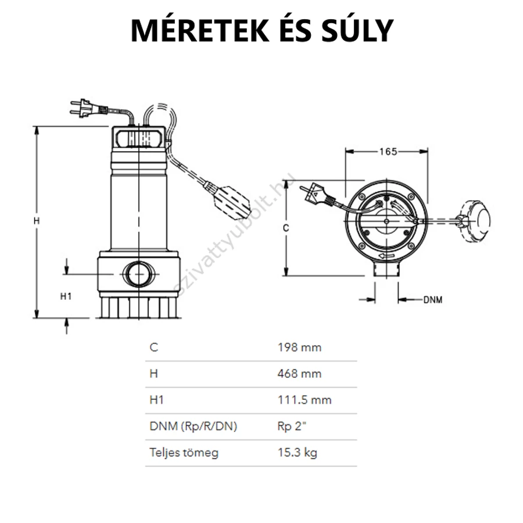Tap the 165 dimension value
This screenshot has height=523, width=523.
pos(388,152)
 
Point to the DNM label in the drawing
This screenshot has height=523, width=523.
pos(432,300)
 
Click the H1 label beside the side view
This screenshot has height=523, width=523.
pos(66,296)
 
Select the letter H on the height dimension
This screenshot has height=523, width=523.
pos(37,221)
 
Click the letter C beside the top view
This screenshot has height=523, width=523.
pos(286,228)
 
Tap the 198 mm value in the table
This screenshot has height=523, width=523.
pos(299,348)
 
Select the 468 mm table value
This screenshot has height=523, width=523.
pos(299,374)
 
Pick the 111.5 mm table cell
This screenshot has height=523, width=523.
pos(305,400)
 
